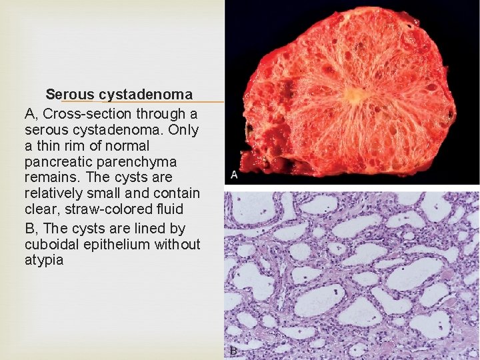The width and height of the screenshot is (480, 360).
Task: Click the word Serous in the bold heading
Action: tap(70, 95)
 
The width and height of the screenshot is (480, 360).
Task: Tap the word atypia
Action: tap(44, 260)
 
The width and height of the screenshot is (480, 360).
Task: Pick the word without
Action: tap(176, 244)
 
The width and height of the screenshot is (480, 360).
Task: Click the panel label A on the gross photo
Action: tap(234, 175)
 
